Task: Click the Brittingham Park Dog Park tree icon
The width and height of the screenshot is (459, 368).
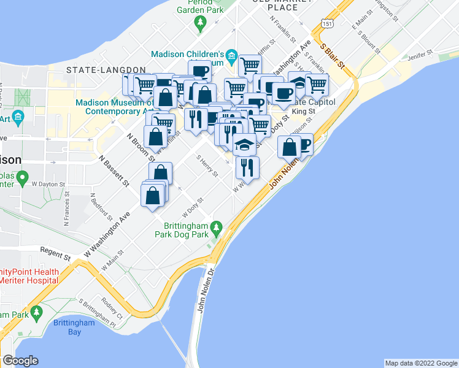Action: pos(215,229)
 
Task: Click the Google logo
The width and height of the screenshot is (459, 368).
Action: pos(21,361)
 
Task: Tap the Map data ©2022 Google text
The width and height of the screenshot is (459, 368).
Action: pos(420,363)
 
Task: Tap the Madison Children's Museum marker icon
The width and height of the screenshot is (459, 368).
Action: pos(231,56)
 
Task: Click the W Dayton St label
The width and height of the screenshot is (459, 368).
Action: pos(48,183)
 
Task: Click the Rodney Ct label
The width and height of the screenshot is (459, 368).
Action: pos(114,309)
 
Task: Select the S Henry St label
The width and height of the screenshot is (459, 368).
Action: pos(207,165)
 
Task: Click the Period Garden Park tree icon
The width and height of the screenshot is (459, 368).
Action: pos(200,23)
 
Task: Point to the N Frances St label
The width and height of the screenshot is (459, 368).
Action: pos(66,209)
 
